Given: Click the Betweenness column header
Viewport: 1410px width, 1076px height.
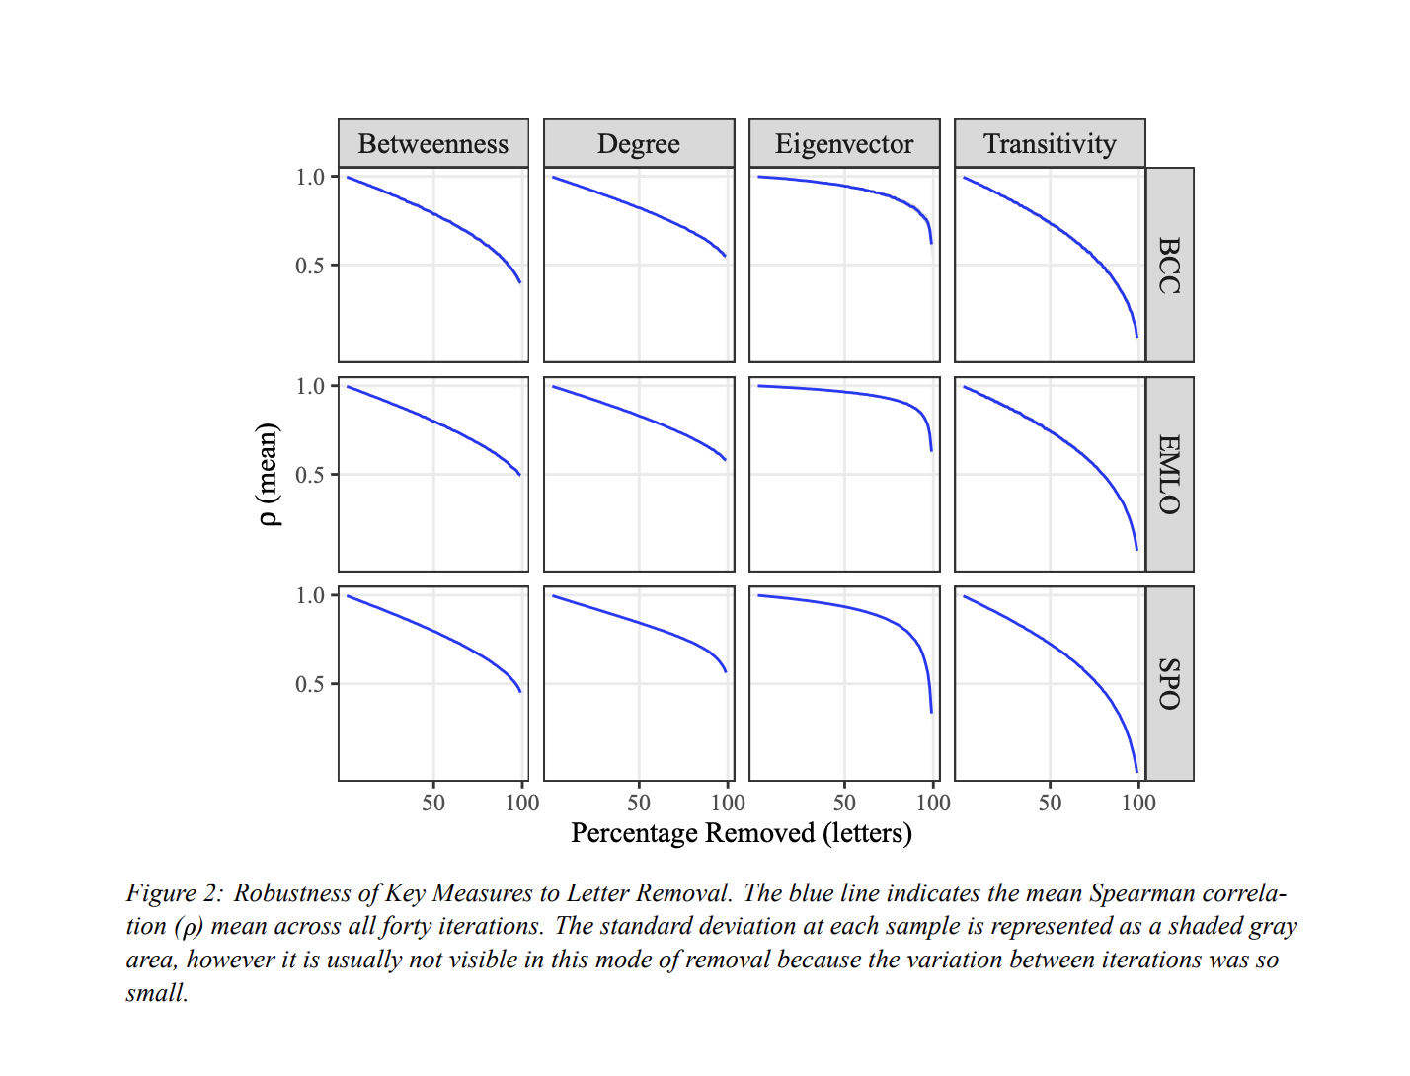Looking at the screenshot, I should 432,144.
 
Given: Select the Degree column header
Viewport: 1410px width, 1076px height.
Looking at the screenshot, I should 638,144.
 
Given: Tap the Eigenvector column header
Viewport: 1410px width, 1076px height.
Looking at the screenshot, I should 844,144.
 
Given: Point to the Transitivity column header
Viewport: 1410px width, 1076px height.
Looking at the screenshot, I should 1050,144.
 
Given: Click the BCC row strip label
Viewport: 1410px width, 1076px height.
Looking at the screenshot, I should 1169,265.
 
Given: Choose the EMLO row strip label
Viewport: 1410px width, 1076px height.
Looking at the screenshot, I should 1169,474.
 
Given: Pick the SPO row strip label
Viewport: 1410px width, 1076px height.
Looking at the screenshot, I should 1169,683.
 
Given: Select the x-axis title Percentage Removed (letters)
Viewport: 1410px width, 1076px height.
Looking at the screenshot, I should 742,833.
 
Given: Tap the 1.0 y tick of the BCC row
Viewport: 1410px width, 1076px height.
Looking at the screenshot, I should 310,177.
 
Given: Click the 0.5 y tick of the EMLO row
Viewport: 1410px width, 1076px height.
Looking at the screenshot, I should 310,475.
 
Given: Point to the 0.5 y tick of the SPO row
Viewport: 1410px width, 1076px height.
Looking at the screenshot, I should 310,684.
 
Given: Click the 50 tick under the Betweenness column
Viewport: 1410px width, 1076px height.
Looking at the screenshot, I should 433,803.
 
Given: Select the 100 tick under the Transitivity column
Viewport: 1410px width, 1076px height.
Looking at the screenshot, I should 1138,803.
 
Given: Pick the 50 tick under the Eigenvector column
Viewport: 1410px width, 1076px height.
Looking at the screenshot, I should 844,803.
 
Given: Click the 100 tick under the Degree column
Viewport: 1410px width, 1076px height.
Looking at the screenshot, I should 728,803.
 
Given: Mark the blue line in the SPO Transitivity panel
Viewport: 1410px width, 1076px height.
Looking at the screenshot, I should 1051,643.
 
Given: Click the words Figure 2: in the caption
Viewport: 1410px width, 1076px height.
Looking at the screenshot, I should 175,893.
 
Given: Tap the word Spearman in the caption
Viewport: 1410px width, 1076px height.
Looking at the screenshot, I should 1135,893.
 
